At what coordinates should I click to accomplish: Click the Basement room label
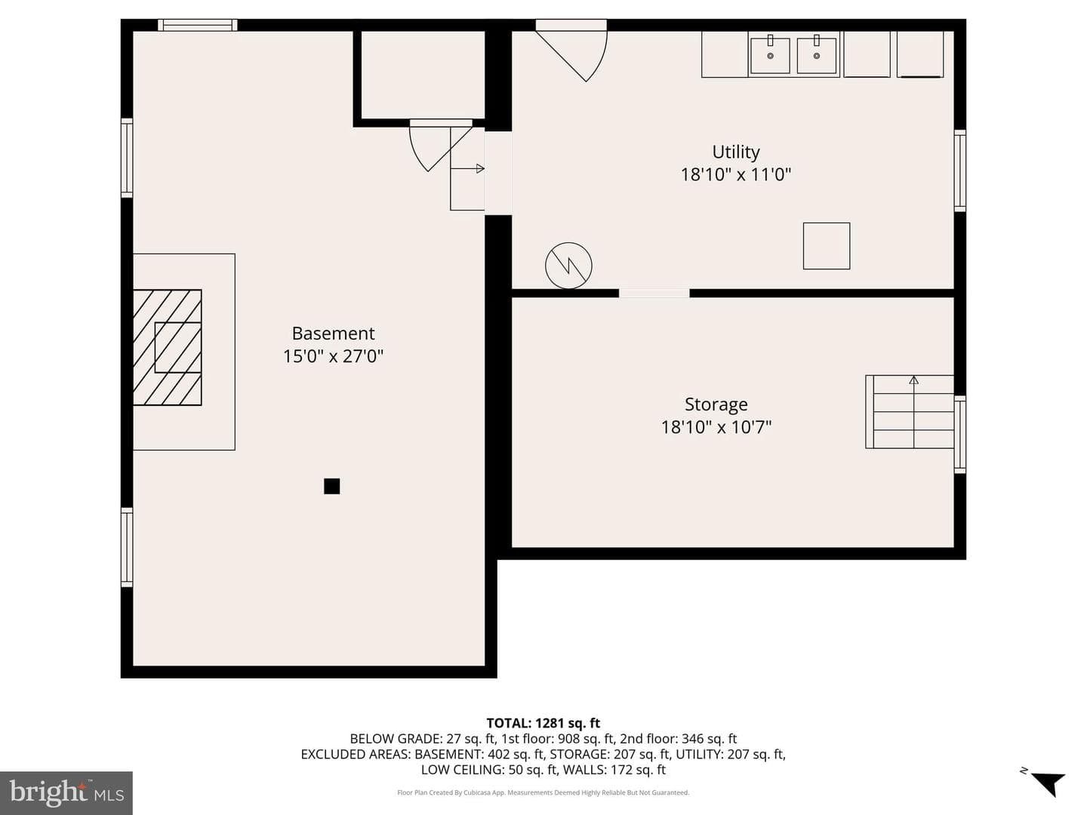click(333, 333)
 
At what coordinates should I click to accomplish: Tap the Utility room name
click(736, 152)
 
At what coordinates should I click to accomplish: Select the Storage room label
click(716, 404)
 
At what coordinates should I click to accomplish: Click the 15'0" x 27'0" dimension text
click(333, 356)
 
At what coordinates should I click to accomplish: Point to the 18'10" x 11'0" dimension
click(736, 174)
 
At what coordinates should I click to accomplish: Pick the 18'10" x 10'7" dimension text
click(716, 427)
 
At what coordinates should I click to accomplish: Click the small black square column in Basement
click(332, 486)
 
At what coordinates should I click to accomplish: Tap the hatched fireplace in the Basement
click(168, 347)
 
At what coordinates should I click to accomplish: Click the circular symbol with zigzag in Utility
click(568, 266)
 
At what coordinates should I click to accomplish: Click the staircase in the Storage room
click(910, 412)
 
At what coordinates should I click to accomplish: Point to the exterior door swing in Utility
click(571, 51)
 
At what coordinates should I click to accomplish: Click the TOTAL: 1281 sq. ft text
click(543, 723)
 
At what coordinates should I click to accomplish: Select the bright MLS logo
click(66, 792)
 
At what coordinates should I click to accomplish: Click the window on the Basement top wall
click(198, 25)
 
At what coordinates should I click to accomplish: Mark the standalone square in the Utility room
click(827, 246)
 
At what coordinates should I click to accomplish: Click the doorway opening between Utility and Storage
click(654, 294)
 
